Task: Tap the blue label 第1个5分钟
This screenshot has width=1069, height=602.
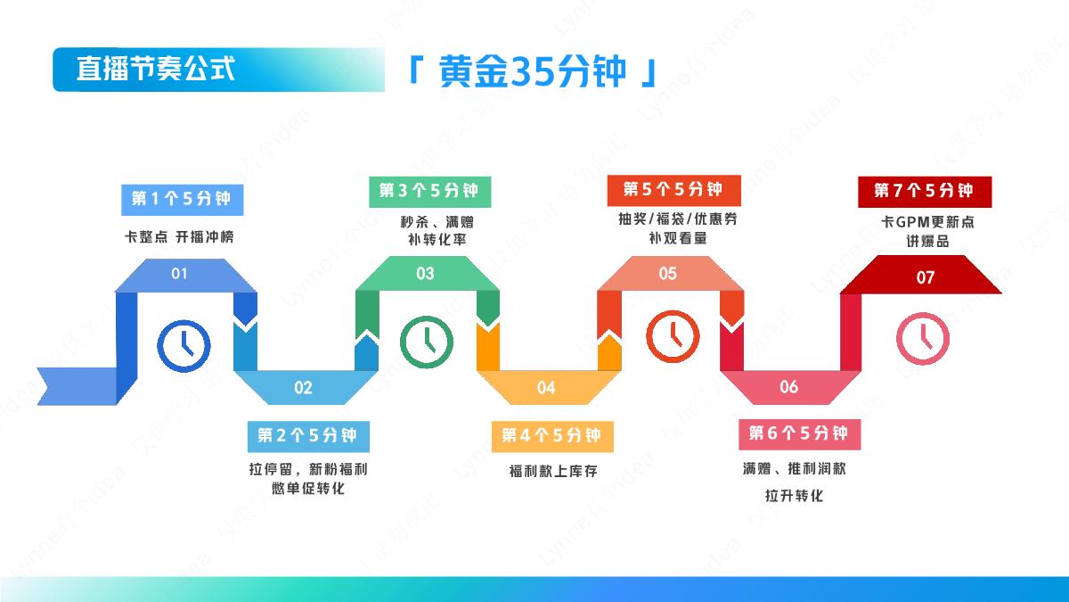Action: point(182,198)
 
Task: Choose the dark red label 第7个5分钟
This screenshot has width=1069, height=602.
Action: point(924,190)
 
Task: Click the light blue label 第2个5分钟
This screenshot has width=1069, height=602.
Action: point(306,435)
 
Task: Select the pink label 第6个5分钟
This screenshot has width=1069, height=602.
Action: point(797,433)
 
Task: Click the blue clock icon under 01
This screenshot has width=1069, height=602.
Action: point(184,345)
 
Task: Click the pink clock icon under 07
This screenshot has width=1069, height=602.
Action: point(923,338)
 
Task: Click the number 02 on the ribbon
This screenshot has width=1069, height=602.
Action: point(304,387)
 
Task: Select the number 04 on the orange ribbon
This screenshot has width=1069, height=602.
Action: point(546,387)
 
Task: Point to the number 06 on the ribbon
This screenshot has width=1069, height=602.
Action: point(789,387)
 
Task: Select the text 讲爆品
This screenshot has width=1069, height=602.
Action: point(928,241)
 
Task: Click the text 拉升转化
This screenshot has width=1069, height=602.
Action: point(794,495)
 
